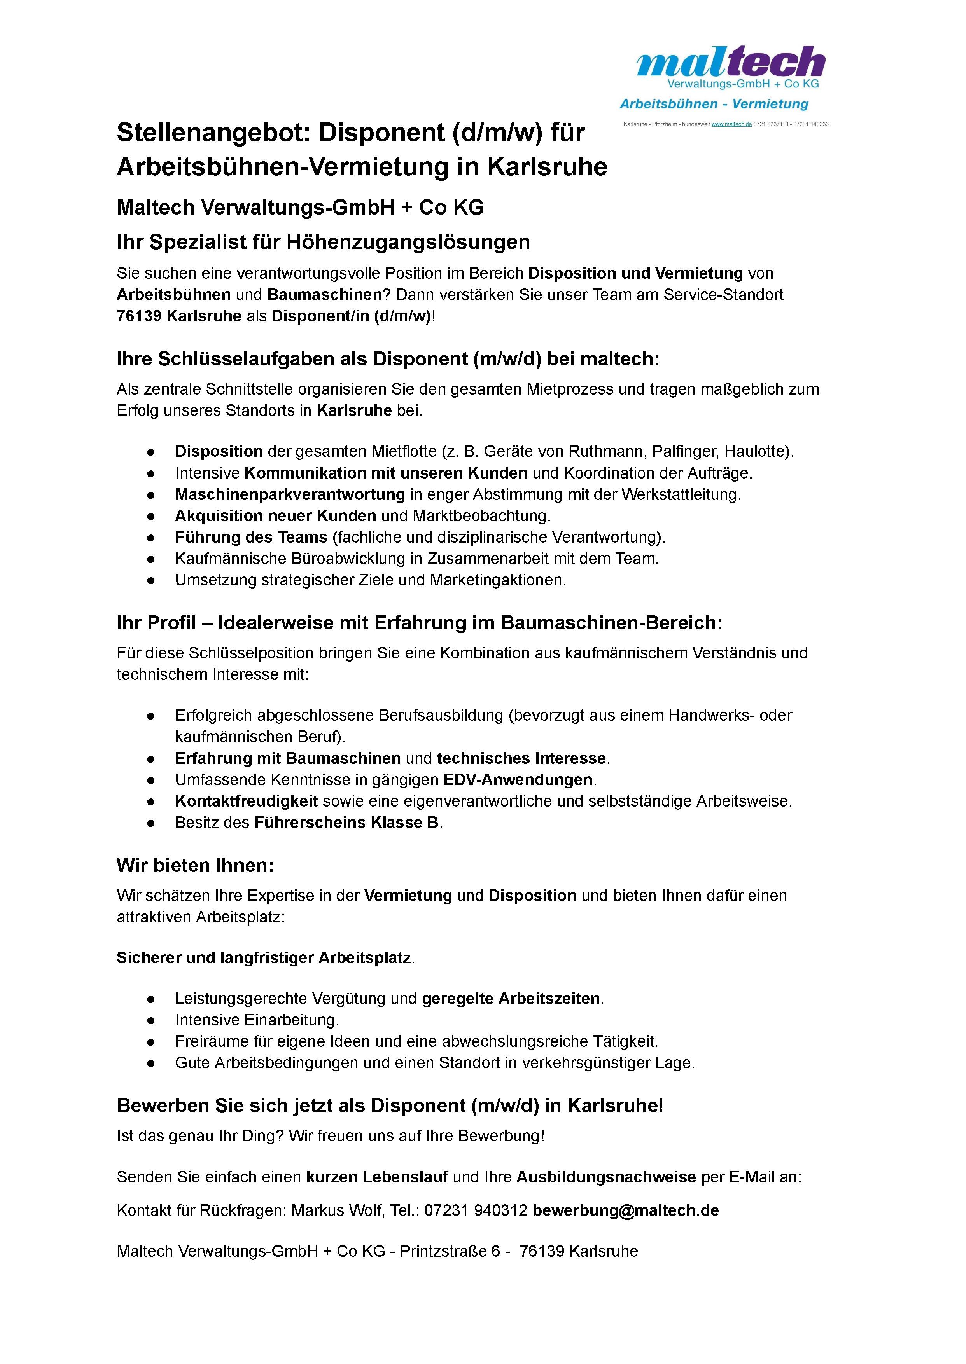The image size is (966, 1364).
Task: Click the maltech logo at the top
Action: [x=730, y=63]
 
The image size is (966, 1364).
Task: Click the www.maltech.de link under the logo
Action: [x=731, y=124]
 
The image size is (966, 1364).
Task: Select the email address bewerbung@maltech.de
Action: [x=626, y=1210]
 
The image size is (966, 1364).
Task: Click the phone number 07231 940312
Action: [x=476, y=1210]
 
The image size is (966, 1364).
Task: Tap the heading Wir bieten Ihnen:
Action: [x=195, y=865]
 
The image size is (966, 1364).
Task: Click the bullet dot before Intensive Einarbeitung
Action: [x=151, y=1020]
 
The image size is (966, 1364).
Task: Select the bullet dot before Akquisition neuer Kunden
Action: [x=151, y=516]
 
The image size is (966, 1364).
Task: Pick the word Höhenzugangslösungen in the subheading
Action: [x=408, y=242]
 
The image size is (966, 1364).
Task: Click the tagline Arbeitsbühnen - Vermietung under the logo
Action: [x=714, y=104]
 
